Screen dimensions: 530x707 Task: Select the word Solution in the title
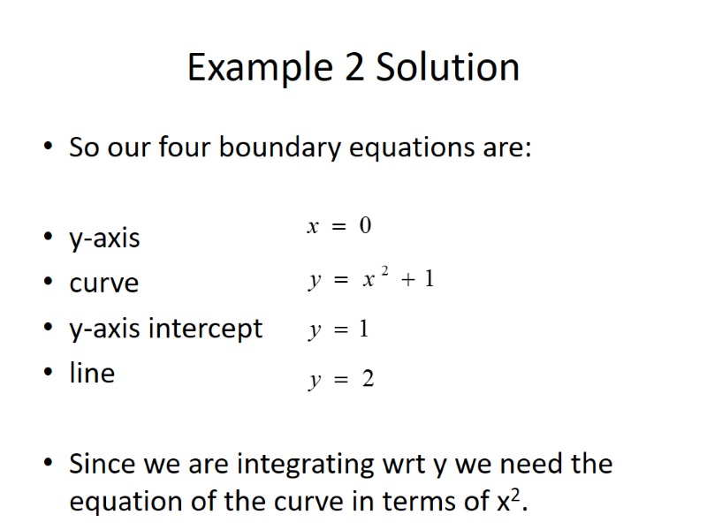point(448,69)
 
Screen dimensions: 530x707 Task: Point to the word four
point(185,147)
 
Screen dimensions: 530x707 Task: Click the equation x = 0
point(339,227)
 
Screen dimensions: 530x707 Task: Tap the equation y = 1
point(338,330)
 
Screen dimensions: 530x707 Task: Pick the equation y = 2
point(341,380)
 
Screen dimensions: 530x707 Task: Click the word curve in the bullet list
point(104,284)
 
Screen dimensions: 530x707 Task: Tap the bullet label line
point(92,373)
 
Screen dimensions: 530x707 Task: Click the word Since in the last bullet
point(100,464)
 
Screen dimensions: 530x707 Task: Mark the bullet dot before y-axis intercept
point(47,329)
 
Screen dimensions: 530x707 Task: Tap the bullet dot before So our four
point(47,148)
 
